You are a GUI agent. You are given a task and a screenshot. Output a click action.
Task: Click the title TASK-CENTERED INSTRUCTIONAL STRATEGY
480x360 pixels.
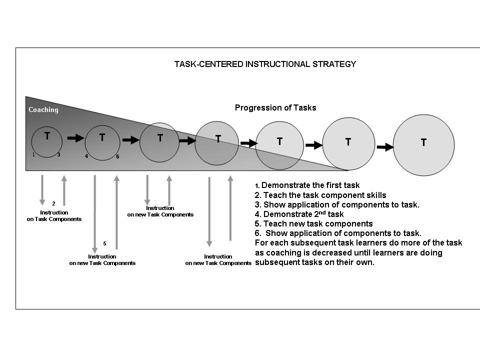click(x=265, y=64)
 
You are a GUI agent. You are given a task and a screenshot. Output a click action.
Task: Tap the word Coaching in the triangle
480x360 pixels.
click(x=43, y=110)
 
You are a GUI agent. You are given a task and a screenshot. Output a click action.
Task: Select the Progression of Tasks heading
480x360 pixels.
click(x=275, y=107)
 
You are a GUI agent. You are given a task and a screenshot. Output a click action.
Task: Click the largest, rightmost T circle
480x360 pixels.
click(x=424, y=145)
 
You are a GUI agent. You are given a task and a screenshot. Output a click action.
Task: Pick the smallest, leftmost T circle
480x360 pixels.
click(x=47, y=142)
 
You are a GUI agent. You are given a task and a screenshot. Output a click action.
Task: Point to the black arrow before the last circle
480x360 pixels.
click(x=385, y=147)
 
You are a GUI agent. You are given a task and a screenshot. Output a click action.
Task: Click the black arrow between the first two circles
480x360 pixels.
click(x=75, y=138)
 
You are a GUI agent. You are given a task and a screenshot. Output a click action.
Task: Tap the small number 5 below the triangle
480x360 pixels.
click(x=104, y=243)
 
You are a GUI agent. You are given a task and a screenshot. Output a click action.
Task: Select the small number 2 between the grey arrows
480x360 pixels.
click(x=53, y=203)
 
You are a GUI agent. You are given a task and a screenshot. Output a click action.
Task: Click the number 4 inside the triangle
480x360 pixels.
click(x=86, y=156)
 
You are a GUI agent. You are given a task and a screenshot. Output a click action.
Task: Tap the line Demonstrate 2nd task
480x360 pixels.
click(x=299, y=214)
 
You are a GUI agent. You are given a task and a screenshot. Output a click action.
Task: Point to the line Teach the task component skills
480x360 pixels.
click(x=320, y=195)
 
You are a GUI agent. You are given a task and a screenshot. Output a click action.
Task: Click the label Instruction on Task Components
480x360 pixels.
click(x=54, y=216)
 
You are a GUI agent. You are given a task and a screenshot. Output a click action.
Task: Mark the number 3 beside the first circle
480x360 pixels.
click(x=58, y=154)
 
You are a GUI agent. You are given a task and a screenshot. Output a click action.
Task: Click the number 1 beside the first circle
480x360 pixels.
click(x=33, y=154)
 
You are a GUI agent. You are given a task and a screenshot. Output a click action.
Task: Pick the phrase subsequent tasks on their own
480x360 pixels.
click(x=314, y=262)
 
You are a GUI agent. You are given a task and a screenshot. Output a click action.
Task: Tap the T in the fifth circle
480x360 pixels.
click(x=279, y=141)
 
